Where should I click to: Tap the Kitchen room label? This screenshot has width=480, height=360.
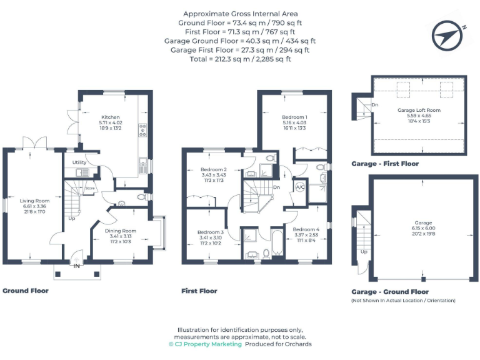pos(111,117)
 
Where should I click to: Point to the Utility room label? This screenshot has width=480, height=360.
pos(79,162)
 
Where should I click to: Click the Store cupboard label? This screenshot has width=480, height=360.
pos(89,187)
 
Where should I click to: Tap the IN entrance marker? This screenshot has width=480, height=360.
pos(77,266)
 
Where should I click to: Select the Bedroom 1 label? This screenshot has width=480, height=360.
pos(294,117)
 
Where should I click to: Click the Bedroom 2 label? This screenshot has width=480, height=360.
pos(213,169)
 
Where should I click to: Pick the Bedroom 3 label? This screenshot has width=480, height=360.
pos(210,232)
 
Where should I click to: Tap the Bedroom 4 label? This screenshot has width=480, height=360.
pos(306,229)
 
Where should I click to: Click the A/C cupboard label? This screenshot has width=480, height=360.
pos(299,187)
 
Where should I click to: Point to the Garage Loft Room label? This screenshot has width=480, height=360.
pos(419,110)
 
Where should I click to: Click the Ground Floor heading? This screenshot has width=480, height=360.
pos(26,291)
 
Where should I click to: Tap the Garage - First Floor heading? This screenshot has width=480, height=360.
pos(385,164)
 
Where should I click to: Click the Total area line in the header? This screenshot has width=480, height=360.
pos(241,59)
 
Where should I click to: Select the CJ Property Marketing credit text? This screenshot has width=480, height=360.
pos(204,344)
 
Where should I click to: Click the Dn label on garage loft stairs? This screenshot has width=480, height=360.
pos(374,104)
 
